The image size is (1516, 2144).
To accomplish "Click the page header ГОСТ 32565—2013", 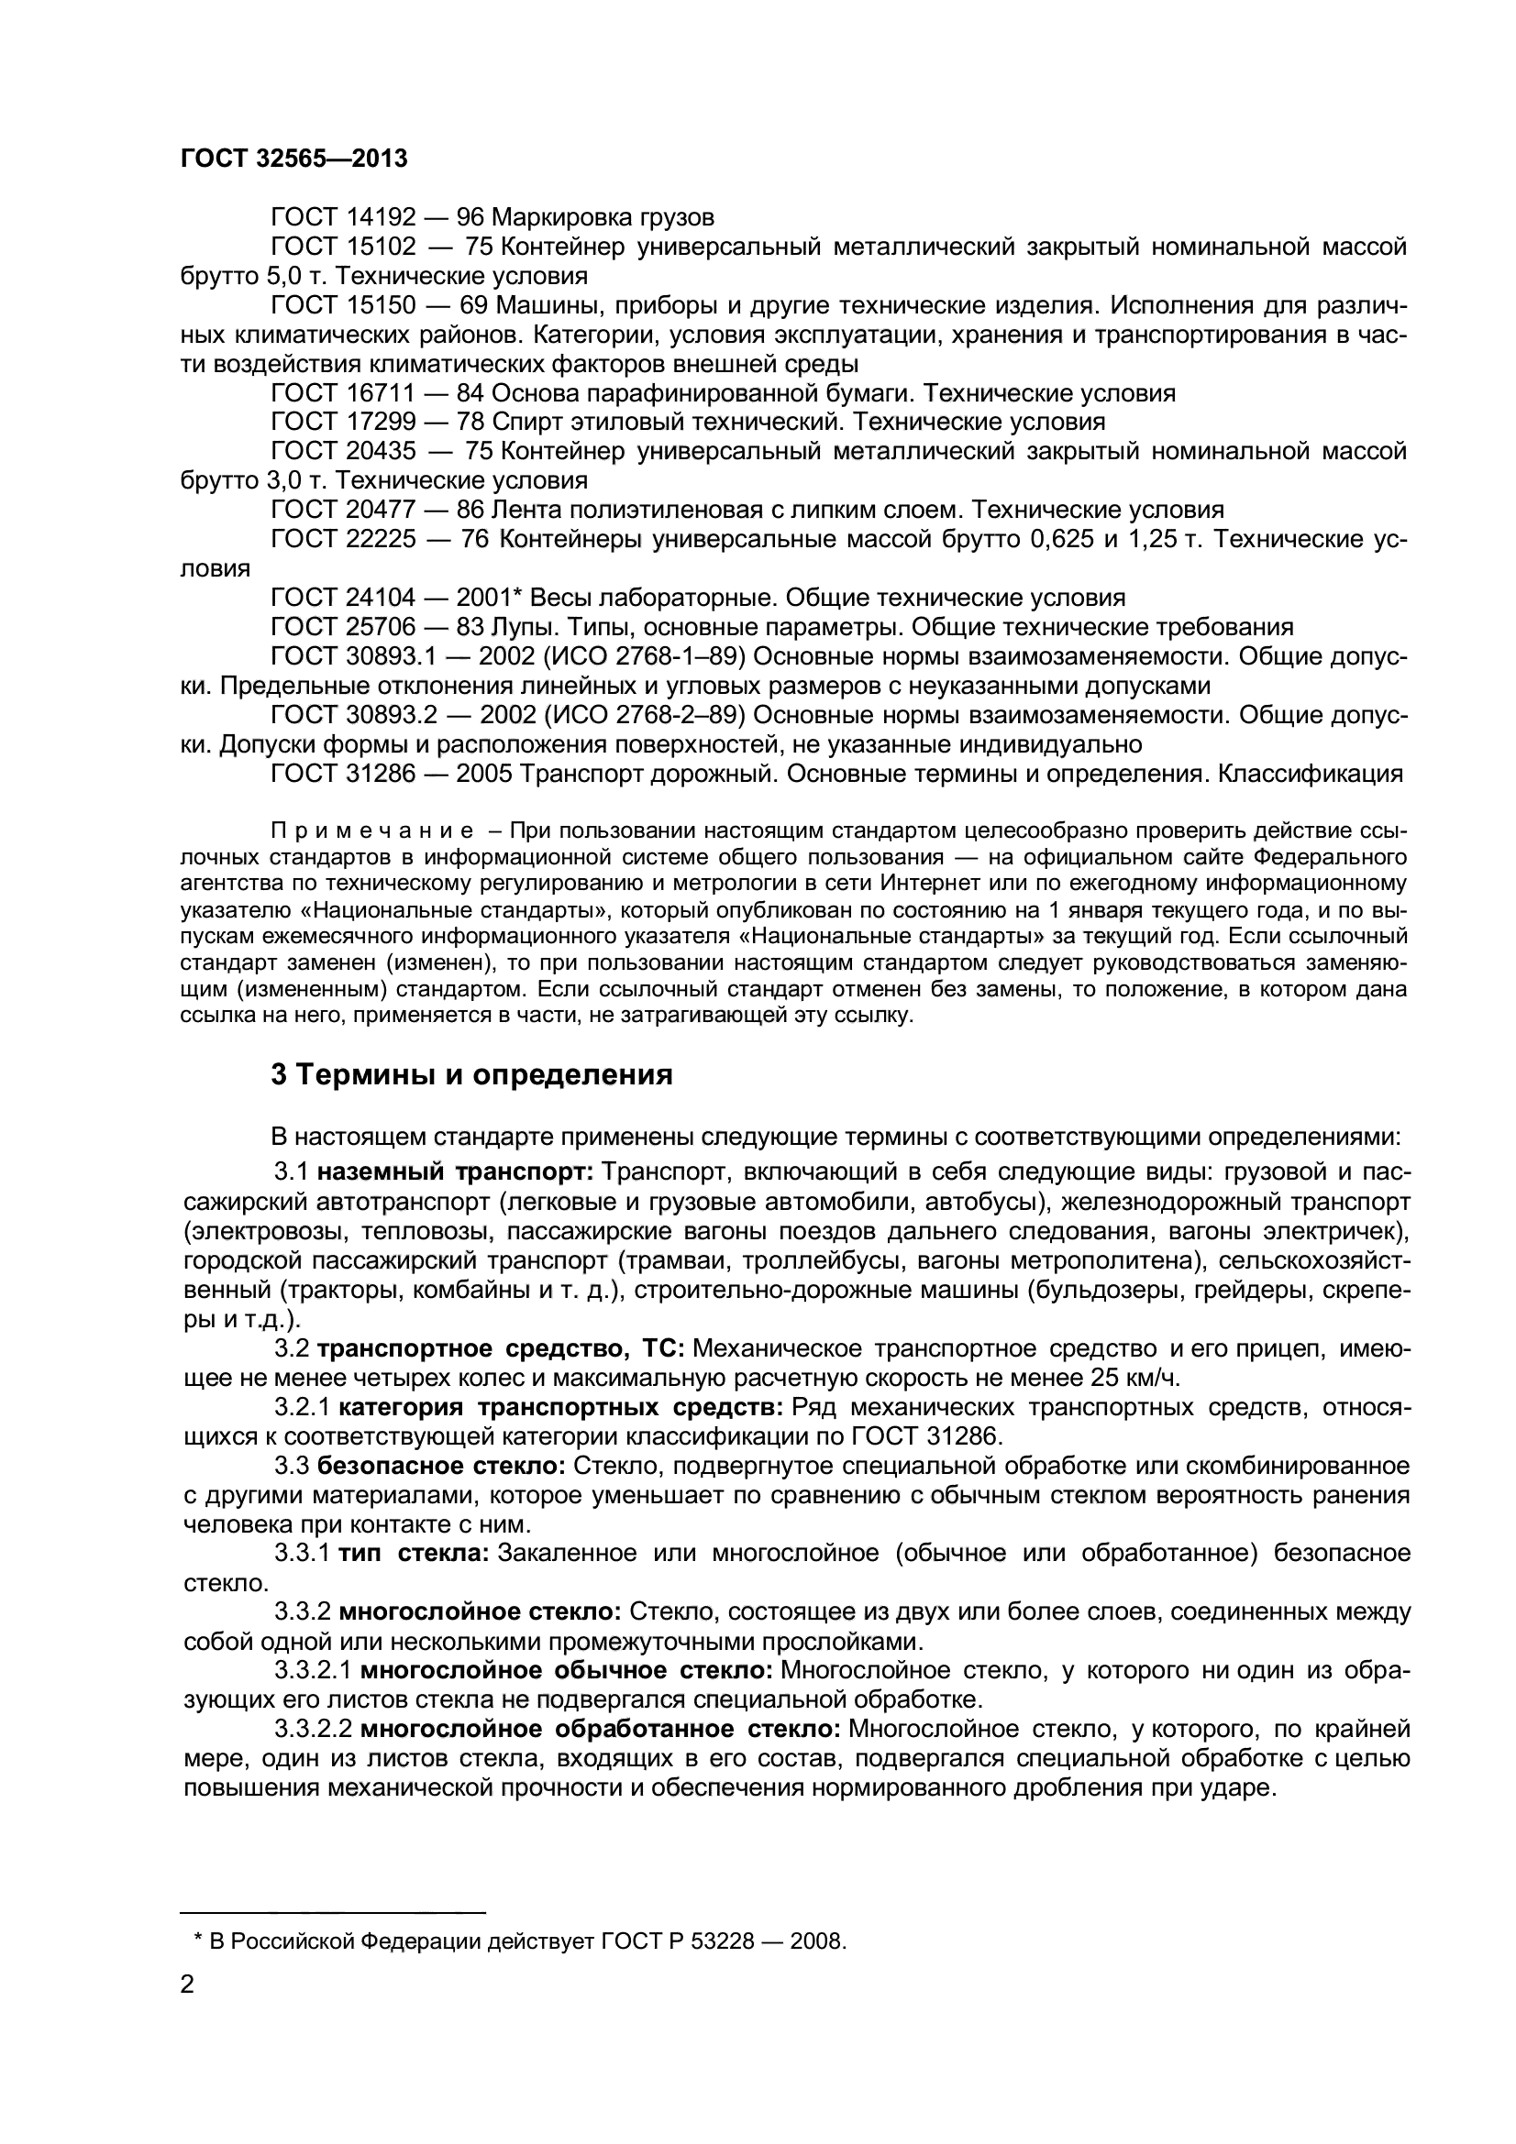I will (293, 159).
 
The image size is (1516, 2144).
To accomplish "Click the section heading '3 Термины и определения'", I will (471, 1075).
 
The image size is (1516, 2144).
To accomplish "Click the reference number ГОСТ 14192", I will (343, 217).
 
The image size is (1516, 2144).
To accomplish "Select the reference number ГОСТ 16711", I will (343, 392).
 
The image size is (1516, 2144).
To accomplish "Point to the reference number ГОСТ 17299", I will (343, 421).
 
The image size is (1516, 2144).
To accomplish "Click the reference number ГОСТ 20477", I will (343, 510).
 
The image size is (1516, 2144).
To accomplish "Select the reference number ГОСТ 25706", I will (343, 627).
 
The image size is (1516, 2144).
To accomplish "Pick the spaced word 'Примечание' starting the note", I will (371, 831).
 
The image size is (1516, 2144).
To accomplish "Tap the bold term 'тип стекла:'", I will (413, 1553).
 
